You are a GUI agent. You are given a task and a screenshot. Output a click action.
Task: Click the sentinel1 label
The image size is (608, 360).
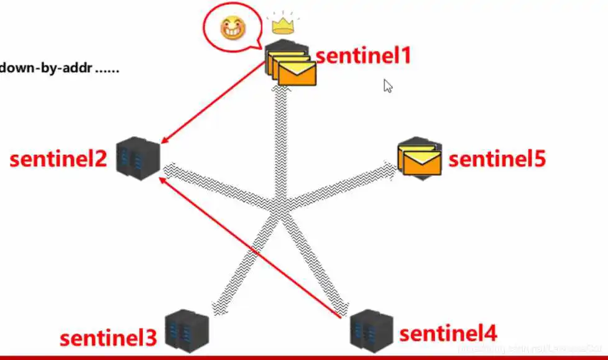[x=364, y=56]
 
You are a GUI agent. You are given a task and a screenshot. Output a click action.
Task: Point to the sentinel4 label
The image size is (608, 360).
[x=448, y=333]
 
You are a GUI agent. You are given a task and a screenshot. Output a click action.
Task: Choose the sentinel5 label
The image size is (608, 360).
[x=497, y=159]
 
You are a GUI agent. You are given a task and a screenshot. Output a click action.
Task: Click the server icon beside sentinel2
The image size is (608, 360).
[x=138, y=158]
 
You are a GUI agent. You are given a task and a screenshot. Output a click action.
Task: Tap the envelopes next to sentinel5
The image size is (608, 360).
[x=420, y=159]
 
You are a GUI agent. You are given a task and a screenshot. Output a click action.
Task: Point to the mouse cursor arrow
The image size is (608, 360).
[x=387, y=85]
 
